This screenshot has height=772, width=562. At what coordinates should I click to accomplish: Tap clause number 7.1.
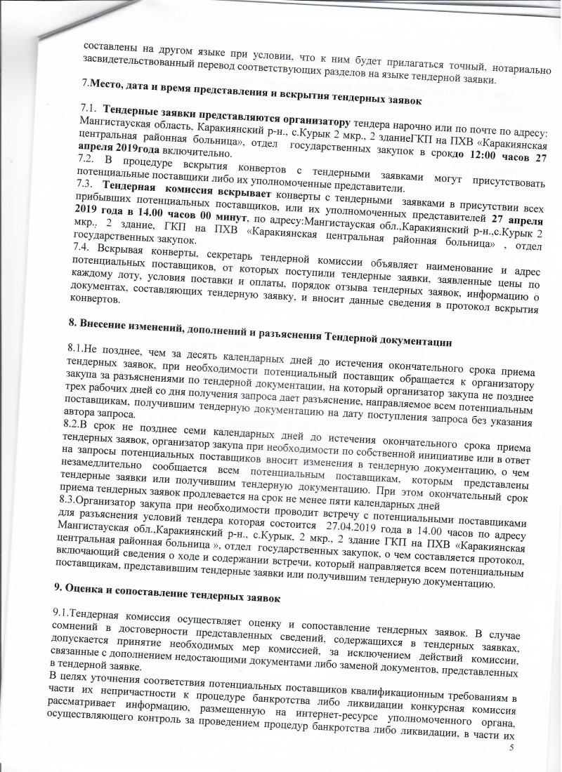coord(89,110)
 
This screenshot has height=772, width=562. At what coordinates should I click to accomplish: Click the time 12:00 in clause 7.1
coord(473,158)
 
